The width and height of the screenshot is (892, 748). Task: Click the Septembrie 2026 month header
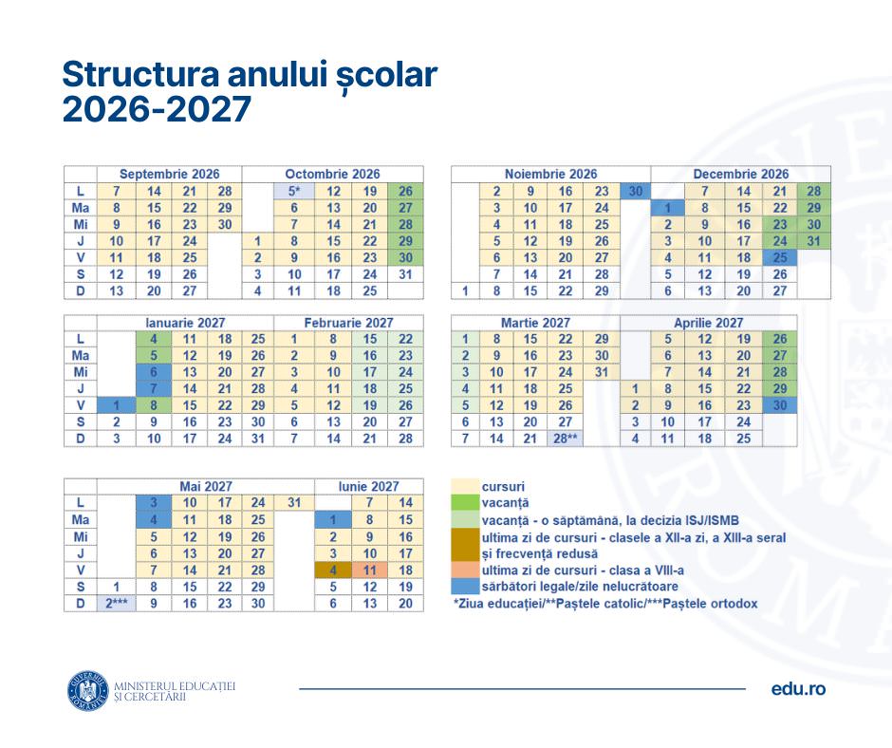point(169,174)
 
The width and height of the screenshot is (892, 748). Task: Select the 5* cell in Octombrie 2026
point(294,191)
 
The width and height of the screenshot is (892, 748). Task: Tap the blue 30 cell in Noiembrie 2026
point(635,191)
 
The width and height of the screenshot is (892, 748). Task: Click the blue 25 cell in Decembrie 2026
point(779,257)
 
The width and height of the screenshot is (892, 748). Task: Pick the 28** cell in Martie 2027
point(567,439)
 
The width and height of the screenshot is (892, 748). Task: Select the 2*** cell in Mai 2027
point(114,603)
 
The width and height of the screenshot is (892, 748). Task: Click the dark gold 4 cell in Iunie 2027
point(332,570)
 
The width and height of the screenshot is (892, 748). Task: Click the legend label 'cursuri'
point(503,486)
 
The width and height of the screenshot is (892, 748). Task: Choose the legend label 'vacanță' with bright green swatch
point(505,502)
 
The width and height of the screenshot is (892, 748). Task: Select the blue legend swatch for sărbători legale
point(464,587)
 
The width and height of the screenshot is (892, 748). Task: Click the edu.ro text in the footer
point(798,689)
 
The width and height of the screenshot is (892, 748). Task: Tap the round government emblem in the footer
point(87,690)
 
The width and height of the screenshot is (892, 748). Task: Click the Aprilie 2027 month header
point(708,323)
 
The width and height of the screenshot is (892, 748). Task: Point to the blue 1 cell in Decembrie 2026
point(668,208)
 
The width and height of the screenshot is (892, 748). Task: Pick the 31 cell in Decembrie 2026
point(813,241)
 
